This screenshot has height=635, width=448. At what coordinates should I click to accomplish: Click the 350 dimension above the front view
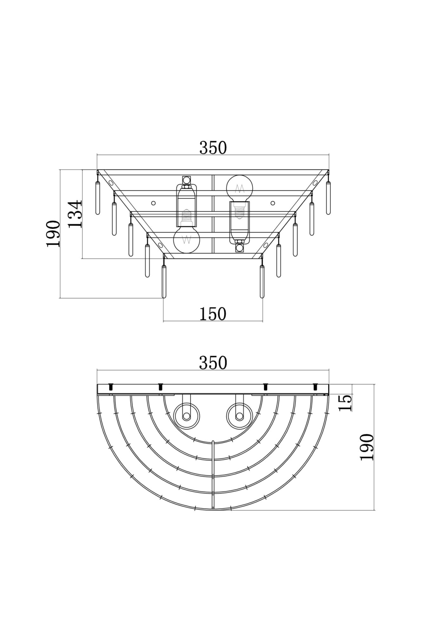pyautogui.click(x=213, y=148)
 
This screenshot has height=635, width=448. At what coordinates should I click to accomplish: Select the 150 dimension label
pyautogui.click(x=213, y=314)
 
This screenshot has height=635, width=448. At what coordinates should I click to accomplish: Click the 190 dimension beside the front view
pyautogui.click(x=53, y=234)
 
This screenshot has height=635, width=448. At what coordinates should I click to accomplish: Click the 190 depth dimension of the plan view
pyautogui.click(x=367, y=447)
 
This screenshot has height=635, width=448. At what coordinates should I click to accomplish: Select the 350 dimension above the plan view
pyautogui.click(x=213, y=363)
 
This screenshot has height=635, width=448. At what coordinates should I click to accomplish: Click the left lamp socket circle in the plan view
pyautogui.click(x=187, y=416)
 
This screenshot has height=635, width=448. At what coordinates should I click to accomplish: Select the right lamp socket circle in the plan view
pyautogui.click(x=240, y=416)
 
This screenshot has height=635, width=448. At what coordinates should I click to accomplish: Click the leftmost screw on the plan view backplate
pyautogui.click(x=111, y=387)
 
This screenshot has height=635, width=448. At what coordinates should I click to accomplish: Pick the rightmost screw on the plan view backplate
pyautogui.click(x=315, y=387)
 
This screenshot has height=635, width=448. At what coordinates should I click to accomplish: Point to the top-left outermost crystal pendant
pyautogui.click(x=98, y=197)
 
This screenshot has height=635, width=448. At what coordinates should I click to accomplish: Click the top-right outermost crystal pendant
pyautogui.click(x=328, y=197)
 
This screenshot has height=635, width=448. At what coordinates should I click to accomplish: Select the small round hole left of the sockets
pyautogui.click(x=153, y=203)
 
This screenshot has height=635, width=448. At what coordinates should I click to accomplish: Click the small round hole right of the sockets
pyautogui.click(x=272, y=203)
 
